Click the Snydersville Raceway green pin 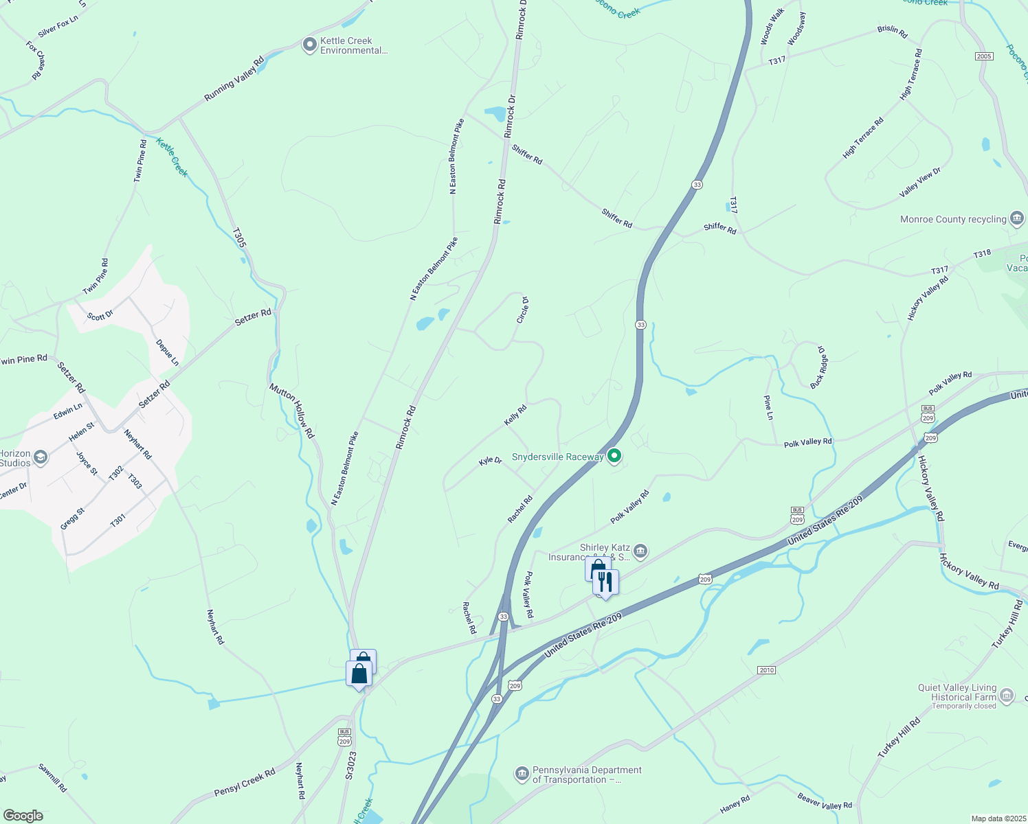615,456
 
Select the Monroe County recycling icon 1017,219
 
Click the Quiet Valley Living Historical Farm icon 1007,696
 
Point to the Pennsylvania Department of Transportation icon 522,775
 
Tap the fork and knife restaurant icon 605,582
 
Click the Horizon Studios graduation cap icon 41,457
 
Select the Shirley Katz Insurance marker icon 640,551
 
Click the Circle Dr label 522,310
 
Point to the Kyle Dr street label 490,461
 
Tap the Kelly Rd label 515,415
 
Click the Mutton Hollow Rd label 291,411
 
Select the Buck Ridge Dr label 818,367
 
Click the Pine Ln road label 768,407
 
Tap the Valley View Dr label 919,183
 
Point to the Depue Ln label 167,352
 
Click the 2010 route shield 766,669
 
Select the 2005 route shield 984,56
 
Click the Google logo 23,815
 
